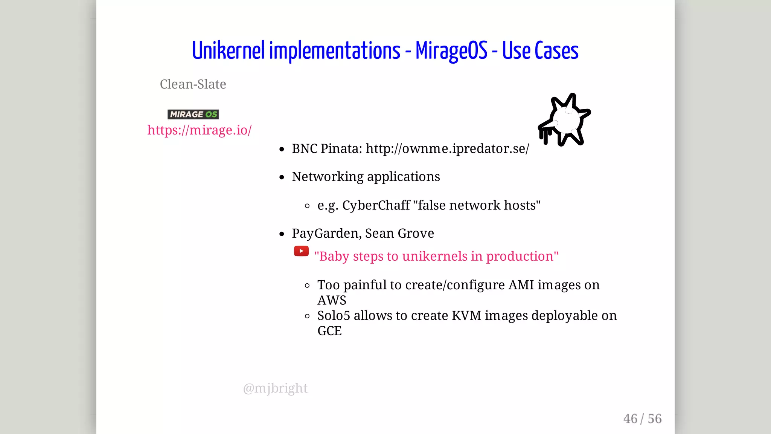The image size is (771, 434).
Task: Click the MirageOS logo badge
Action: pyautogui.click(x=193, y=114)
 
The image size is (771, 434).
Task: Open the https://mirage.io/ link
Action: pyautogui.click(x=199, y=130)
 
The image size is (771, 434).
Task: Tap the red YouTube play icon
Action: pyautogui.click(x=301, y=251)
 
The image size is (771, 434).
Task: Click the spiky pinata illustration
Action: pyautogui.click(x=564, y=120)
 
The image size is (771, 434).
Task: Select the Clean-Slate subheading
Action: pyautogui.click(x=193, y=84)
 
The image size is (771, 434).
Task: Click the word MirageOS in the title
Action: pyautogui.click(x=451, y=51)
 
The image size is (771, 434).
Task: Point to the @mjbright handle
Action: pyautogui.click(x=275, y=388)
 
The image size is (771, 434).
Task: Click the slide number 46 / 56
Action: pyautogui.click(x=642, y=419)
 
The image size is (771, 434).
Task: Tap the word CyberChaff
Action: pyautogui.click(x=376, y=205)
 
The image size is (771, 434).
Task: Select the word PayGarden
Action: pyautogui.click(x=326, y=234)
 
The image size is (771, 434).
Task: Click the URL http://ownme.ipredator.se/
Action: pyautogui.click(x=447, y=149)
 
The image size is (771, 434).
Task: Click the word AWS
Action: pyautogui.click(x=332, y=301)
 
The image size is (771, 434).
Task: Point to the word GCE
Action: pyautogui.click(x=329, y=331)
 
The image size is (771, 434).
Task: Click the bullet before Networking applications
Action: pyautogui.click(x=282, y=177)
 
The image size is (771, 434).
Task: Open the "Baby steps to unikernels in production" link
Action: pyautogui.click(x=436, y=257)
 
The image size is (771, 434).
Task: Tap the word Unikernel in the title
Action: pyautogui.click(x=229, y=51)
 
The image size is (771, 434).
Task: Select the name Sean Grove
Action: pyautogui.click(x=399, y=234)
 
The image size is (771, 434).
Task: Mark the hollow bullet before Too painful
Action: pyautogui.click(x=307, y=286)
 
